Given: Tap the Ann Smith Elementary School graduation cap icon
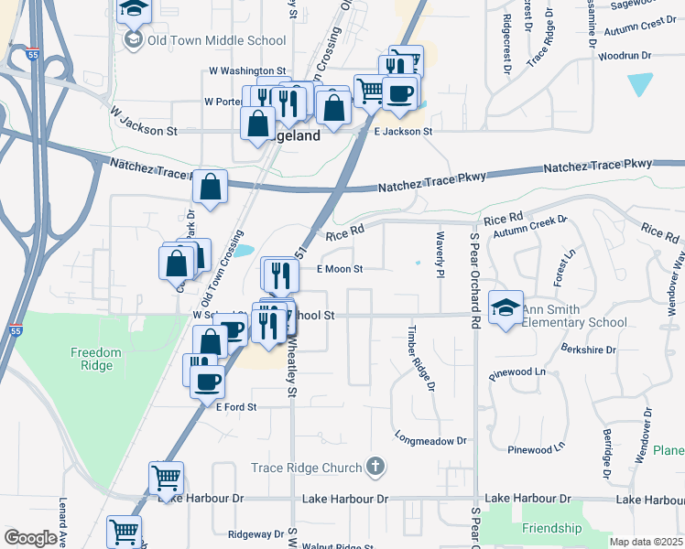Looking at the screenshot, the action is tap(505, 307).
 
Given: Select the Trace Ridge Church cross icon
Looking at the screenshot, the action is tap(374, 468).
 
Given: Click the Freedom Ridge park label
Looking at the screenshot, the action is tap(96, 359).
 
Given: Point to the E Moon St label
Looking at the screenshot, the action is tap(340, 269).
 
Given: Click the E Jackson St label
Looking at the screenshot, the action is tap(403, 132).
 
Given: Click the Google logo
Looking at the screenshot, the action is tap(30, 538).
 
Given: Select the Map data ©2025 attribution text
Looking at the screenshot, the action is tap(646, 542).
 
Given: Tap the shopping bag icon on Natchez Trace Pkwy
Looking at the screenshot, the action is tap(211, 187).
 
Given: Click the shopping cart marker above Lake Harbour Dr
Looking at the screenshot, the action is tap(166, 477).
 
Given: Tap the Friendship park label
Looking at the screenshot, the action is tap(551, 528).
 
